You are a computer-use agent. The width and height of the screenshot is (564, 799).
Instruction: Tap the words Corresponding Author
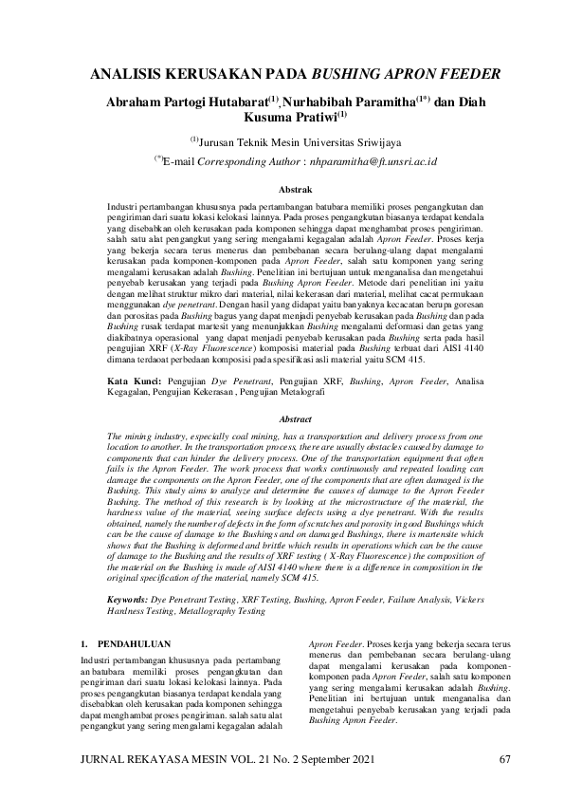coord(253,162)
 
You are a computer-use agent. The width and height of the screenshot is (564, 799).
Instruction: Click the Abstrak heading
coord(282,190)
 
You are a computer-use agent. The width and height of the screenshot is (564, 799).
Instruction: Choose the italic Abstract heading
coord(282,418)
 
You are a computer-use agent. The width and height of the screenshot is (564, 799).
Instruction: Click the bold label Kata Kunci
coord(133,380)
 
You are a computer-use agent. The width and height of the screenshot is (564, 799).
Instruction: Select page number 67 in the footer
coord(505,758)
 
